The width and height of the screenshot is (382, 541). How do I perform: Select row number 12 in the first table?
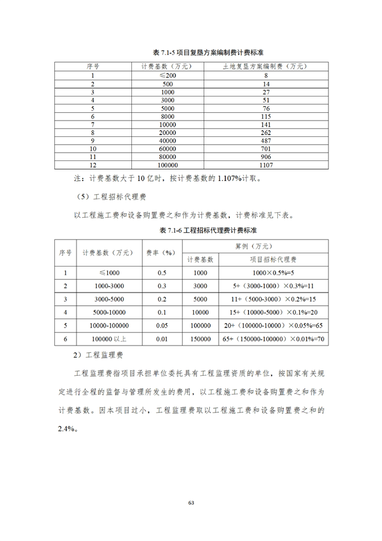click(x=93, y=165)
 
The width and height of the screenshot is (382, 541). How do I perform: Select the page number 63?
click(x=191, y=502)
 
